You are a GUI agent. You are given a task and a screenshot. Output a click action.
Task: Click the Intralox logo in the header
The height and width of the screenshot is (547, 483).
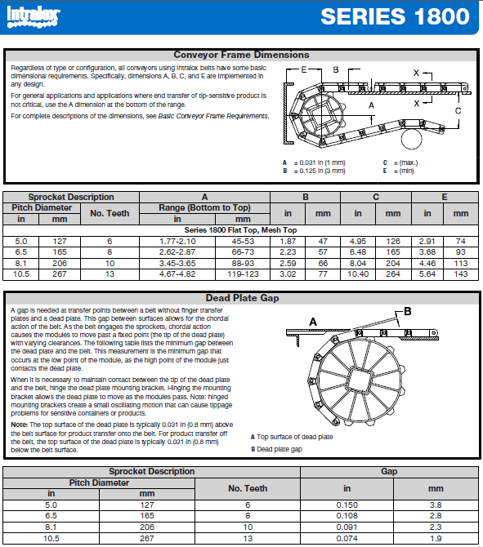[34, 17]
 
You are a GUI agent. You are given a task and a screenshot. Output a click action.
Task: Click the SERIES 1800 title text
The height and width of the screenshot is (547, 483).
[395, 16]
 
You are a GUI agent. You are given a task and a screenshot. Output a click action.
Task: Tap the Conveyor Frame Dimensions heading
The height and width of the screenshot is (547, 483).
[241, 55]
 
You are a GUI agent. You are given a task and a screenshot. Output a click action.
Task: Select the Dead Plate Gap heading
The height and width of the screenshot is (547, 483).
[242, 298]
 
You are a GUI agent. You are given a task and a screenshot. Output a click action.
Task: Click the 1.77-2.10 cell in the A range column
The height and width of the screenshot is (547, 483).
[177, 242]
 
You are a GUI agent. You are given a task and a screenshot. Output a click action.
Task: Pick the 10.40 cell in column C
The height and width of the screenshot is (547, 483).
[358, 274]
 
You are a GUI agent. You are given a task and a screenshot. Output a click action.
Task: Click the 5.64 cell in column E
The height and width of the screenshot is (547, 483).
[427, 274]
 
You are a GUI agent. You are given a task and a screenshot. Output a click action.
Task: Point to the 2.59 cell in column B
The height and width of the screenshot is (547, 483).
[288, 264]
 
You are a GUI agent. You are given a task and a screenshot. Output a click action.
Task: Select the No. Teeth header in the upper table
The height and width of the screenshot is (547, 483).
[110, 213]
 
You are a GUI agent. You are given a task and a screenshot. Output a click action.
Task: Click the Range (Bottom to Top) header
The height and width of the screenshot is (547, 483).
[204, 208]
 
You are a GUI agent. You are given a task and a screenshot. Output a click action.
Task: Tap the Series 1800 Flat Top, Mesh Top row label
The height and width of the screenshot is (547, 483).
[240, 230]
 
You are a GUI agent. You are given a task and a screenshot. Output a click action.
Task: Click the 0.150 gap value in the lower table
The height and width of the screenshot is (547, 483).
[347, 505]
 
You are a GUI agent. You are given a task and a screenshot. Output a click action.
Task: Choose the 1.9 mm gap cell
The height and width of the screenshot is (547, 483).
[436, 539]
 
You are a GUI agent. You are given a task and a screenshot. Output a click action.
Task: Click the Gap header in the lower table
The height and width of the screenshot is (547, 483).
[389, 471]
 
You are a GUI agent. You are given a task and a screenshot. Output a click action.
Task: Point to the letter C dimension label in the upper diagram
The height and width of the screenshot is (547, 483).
[458, 111]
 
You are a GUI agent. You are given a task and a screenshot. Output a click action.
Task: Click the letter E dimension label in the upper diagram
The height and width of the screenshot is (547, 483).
[304, 69]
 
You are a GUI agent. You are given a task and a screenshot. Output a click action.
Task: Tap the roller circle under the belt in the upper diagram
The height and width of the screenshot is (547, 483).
[412, 139]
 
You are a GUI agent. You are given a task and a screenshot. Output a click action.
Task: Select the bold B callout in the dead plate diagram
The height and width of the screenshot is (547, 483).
[408, 311]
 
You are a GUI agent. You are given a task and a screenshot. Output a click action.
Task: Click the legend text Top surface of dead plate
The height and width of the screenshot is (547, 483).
[295, 437]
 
